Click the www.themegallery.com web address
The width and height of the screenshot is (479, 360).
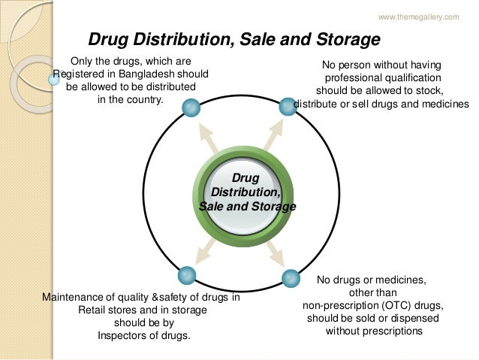tap(418, 17)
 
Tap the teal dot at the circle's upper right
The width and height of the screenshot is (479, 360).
tap(288, 107)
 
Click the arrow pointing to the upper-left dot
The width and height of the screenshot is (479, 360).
tap(205, 136)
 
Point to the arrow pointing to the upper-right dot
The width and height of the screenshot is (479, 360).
tap(272, 135)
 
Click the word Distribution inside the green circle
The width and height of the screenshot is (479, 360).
tap(246, 192)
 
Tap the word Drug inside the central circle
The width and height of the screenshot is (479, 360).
tap(246, 178)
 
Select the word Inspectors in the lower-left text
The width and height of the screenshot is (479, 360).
tap(123, 335)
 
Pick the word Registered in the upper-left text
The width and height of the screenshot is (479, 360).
tap(79, 74)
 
